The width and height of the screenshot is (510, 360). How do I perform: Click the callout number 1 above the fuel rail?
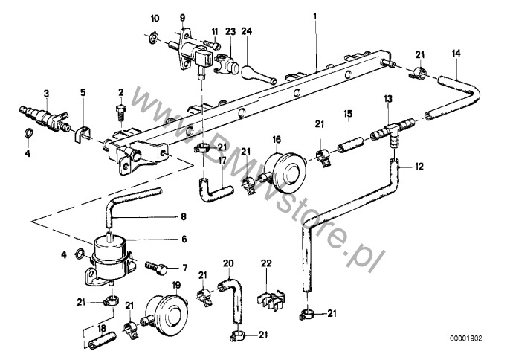tap(314, 16)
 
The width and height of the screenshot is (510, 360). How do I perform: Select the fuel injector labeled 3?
tap(44, 118)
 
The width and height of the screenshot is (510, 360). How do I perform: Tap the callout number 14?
tap(456, 54)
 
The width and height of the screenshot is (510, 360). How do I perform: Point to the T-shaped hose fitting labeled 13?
tap(393, 130)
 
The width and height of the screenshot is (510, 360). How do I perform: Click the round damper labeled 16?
tap(285, 172)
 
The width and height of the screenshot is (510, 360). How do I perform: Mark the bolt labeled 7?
tap(156, 268)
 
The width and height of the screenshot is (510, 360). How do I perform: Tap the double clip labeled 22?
tap(271, 298)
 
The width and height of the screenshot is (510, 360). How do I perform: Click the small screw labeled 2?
tap(121, 112)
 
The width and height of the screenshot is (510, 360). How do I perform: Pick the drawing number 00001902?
tap(465, 338)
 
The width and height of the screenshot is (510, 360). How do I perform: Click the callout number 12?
tap(419, 167)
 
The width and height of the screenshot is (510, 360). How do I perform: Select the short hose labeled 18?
tap(102, 340)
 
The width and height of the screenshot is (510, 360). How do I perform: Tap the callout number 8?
tap(184, 216)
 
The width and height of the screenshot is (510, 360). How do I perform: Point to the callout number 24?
tap(246, 31)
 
